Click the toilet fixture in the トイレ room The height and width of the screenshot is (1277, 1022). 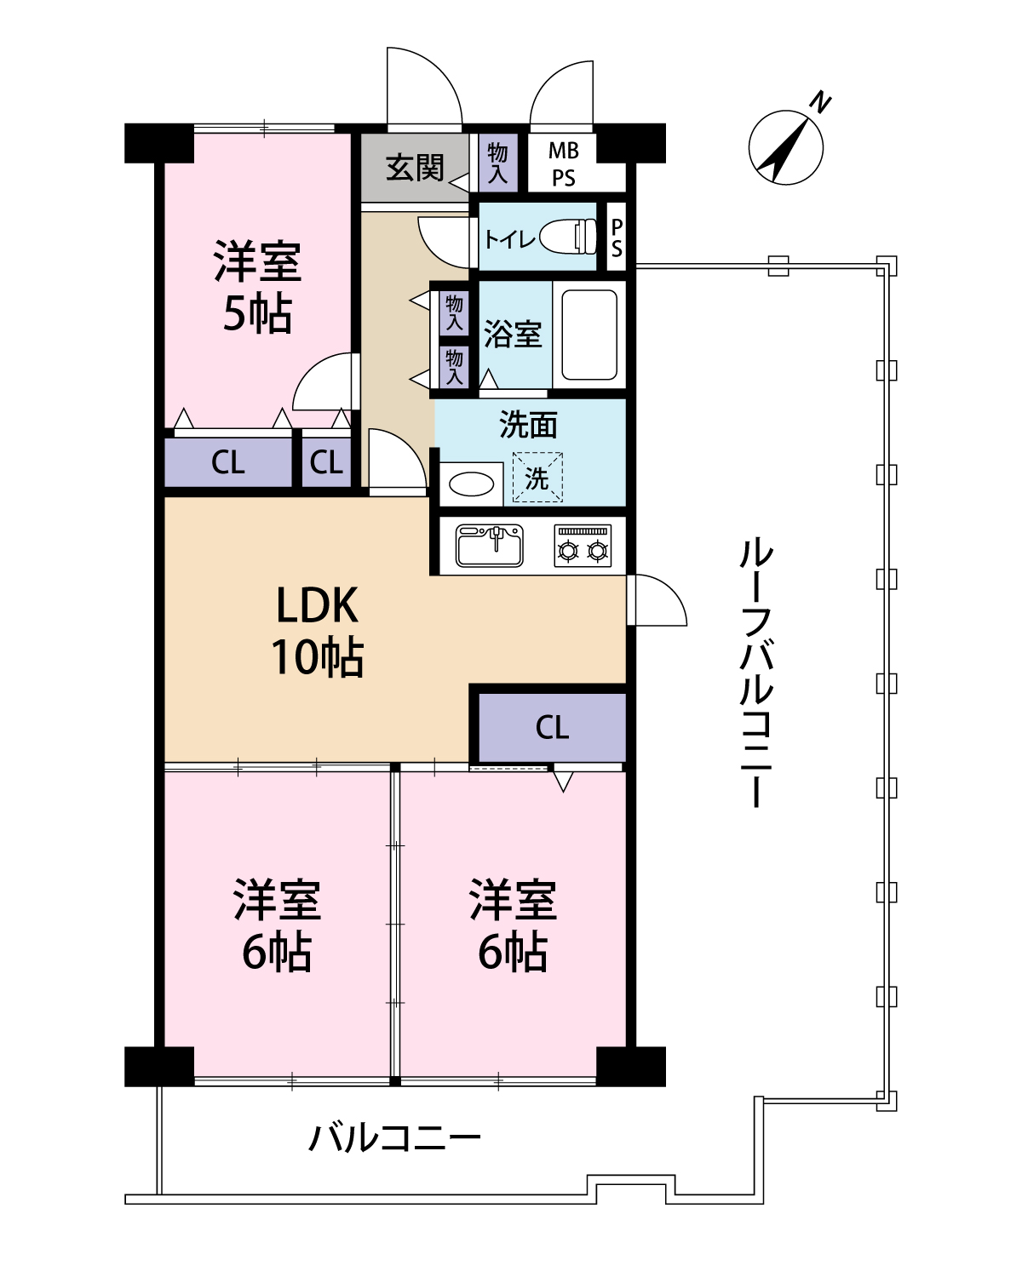coord(568,237)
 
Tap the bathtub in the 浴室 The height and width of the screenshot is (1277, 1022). coord(589,335)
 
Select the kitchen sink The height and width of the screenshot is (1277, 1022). coord(490,546)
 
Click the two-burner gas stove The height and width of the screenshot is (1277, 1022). coord(583,546)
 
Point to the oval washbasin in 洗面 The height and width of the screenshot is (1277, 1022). coord(472,484)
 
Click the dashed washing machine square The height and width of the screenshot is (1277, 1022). coord(537,478)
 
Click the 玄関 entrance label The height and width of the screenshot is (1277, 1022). coord(415,168)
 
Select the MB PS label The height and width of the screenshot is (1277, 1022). coord(563,164)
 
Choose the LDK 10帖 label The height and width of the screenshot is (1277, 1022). coord(318,631)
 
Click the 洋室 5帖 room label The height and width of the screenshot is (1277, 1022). coord(258,287)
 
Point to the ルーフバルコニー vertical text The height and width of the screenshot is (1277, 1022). coord(756,673)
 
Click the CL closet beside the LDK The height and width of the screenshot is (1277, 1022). coord(552,728)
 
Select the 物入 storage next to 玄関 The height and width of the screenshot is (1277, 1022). coord(497,163)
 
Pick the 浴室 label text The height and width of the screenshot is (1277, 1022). coord(513,334)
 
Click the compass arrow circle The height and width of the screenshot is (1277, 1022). coord(785,147)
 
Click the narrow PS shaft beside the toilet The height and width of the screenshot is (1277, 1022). coord(617,238)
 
